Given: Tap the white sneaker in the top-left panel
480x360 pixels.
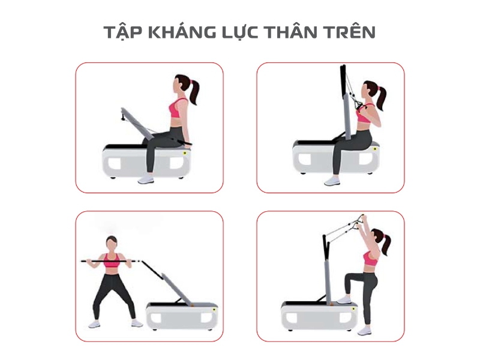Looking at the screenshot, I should pos(146,179).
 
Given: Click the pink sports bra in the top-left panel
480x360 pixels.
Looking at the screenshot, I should pos(179,109).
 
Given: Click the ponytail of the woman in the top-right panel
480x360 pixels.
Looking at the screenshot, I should pos(380,98).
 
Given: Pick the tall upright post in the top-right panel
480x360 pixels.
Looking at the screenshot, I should pos(344,102).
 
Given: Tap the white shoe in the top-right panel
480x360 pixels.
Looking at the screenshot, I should pos(332,180).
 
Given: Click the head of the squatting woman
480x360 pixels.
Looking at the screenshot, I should pos(111,244).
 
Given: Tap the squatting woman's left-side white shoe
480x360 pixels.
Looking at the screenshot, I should pos(94,324).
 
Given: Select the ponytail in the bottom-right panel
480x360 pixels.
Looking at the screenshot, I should pos(386,244).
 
